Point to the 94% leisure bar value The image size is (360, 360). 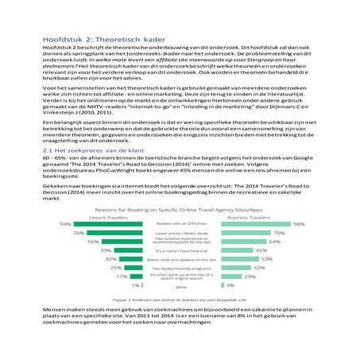point(66,224)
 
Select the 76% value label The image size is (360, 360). point(79,233)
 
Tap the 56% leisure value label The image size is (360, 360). point(93,241)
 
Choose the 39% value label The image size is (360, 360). point(105,250)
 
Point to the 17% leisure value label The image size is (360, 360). point(122,276)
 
